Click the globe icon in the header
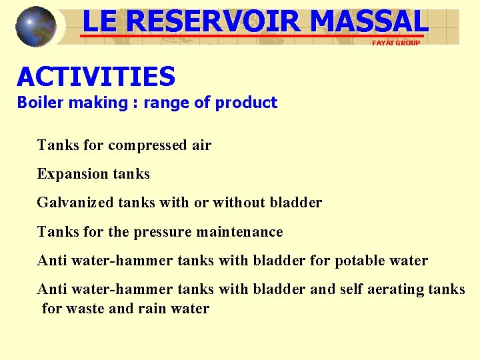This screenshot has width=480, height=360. (x=36, y=27)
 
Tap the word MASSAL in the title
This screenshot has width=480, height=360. (x=368, y=21)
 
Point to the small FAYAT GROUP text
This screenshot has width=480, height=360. (x=396, y=43)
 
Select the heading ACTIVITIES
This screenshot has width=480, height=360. (x=96, y=77)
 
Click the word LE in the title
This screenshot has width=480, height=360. (x=99, y=21)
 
